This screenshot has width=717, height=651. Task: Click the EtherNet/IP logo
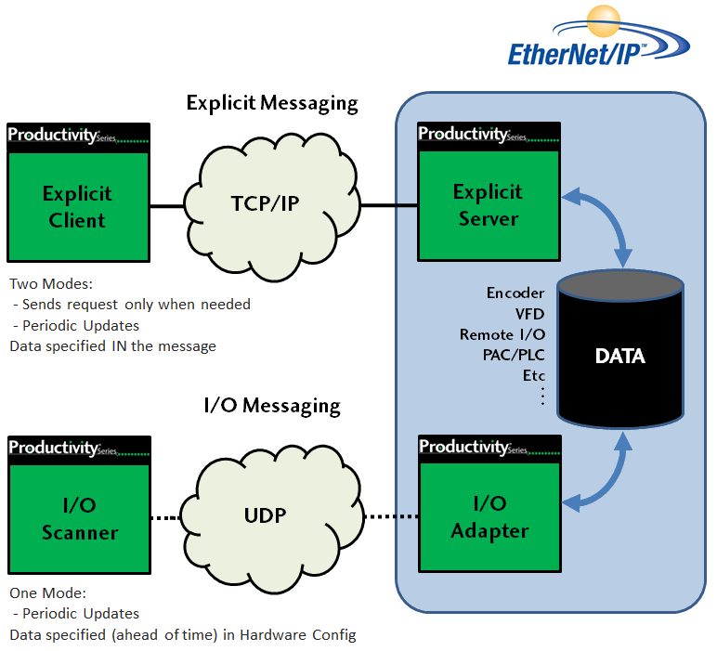(x=599, y=43)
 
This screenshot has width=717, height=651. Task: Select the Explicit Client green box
(x=77, y=206)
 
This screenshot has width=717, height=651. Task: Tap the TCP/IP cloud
(x=264, y=203)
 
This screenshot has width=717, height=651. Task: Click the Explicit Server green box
(x=488, y=205)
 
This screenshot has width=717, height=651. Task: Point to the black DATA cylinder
(x=620, y=356)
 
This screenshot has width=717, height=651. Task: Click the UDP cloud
(x=266, y=515)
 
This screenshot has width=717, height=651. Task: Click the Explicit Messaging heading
(x=272, y=102)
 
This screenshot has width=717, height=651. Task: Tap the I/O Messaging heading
(x=272, y=406)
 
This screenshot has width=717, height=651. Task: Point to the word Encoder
(x=515, y=293)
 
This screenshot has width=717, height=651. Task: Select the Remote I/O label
(x=502, y=334)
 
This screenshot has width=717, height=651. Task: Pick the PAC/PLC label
(x=514, y=355)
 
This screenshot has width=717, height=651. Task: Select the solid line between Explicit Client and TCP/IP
(x=170, y=205)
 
